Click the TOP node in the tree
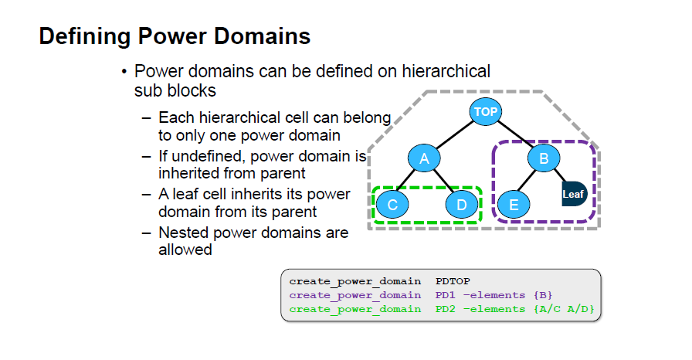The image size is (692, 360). (486, 111)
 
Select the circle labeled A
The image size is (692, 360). (424, 158)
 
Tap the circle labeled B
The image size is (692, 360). (544, 158)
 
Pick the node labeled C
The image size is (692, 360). (392, 204)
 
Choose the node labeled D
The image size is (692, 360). (462, 204)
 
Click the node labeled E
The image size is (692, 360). (514, 204)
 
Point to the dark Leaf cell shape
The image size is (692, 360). (574, 194)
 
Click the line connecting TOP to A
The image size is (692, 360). (455, 135)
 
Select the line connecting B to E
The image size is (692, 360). (526, 180)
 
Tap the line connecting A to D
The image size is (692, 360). (443, 182)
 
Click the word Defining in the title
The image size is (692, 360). (85, 36)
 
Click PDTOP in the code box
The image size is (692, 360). (453, 281)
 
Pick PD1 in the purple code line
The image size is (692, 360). (446, 294)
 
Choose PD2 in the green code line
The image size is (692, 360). (446, 309)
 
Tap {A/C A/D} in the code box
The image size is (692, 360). (564, 309)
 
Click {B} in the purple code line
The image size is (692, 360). (543, 294)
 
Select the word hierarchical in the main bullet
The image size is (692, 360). (446, 71)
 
